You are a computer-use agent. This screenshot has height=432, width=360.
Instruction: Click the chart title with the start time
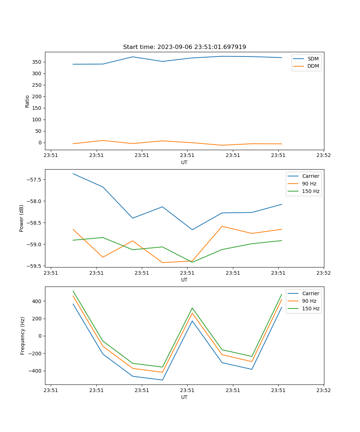184,47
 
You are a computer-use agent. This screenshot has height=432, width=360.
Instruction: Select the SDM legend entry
313,59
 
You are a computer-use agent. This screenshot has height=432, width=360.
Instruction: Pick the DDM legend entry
313,66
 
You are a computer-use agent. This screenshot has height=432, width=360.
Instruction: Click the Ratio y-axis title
27,101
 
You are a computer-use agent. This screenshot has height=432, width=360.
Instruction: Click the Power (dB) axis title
22,218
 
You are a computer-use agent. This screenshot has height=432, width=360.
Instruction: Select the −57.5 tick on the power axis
35,180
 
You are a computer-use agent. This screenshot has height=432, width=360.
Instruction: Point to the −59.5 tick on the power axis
35,266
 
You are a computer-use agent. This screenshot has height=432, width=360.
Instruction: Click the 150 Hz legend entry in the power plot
311,192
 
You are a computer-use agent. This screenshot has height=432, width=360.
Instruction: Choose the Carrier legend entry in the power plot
311,176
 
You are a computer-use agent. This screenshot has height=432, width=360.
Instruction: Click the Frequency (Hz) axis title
23,336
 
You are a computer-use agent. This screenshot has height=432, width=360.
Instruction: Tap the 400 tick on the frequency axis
37,301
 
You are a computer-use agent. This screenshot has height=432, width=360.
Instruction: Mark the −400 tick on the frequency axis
36,371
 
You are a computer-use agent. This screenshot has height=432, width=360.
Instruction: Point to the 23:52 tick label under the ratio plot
323,156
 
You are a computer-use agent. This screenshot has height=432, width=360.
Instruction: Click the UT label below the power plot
184,280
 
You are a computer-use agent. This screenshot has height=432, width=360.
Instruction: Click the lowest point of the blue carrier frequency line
162,380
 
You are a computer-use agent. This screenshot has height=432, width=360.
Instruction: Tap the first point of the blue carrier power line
73,174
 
